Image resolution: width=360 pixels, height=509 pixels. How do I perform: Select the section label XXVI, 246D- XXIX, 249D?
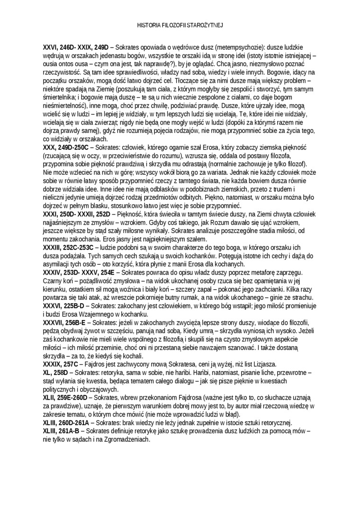pos(75,48)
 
